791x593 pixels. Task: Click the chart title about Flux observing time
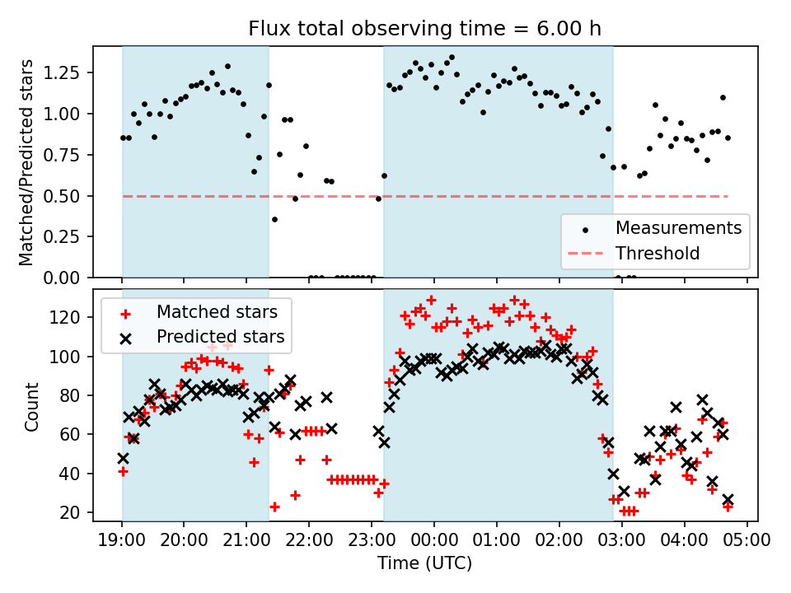425,29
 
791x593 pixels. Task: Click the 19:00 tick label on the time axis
122,541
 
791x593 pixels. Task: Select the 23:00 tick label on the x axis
372,541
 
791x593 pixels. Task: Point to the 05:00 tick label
747,541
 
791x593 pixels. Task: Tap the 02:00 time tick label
559,541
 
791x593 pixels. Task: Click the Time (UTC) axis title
425,564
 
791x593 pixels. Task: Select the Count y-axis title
32,406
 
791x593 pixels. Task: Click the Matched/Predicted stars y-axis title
27,162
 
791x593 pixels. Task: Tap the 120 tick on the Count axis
72,317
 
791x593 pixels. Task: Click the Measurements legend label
678,227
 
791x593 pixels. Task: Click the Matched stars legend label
217,312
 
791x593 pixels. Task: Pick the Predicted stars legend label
221,337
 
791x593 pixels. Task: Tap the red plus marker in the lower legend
125,312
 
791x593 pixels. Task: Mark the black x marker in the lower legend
125,337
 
